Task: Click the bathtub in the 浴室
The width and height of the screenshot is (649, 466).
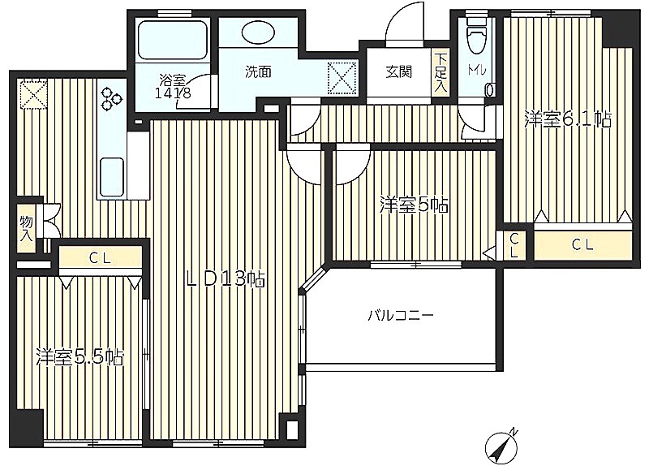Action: (172, 41)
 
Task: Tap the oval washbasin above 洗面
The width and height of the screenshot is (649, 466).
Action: (257, 32)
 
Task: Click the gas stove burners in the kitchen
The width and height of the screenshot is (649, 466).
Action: (111, 99)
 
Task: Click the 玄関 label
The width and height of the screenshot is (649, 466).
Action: (399, 72)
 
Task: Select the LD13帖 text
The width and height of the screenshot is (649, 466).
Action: (226, 278)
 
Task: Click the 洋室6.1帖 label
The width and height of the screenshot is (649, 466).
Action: (567, 119)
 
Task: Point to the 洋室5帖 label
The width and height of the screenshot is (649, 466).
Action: (414, 205)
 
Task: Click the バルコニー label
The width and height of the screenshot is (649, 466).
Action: (401, 317)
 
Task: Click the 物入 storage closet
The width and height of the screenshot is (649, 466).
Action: (27, 228)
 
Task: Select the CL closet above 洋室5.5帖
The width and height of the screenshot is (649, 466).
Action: (100, 258)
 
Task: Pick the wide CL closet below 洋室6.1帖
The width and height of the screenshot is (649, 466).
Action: (582, 245)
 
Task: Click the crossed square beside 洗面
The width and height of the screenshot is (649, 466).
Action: (342, 77)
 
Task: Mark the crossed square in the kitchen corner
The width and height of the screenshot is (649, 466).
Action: (33, 93)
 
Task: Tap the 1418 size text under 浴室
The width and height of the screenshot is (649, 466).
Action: (173, 93)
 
